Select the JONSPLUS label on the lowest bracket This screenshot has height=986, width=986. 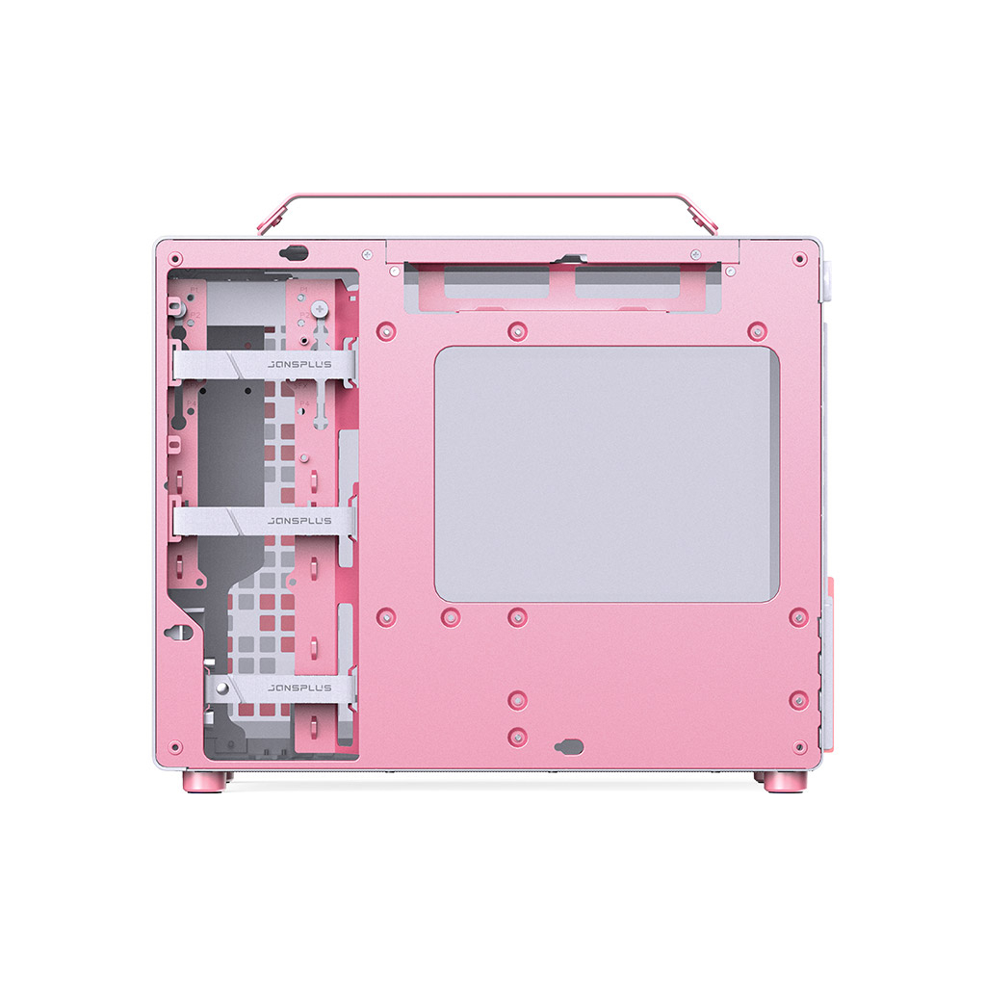(299, 688)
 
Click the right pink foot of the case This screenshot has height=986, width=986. (784, 781)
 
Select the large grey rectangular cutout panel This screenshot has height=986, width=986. (607, 475)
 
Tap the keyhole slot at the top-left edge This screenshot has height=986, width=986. (294, 253)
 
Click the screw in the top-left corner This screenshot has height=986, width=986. (175, 258)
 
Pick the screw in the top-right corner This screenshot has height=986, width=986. (799, 258)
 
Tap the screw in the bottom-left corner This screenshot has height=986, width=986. (175, 746)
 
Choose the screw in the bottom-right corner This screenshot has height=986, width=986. (799, 746)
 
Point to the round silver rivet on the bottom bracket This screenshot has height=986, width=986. (221, 688)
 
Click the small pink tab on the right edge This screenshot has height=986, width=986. (826, 588)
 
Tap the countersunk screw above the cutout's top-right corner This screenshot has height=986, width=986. (758, 330)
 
